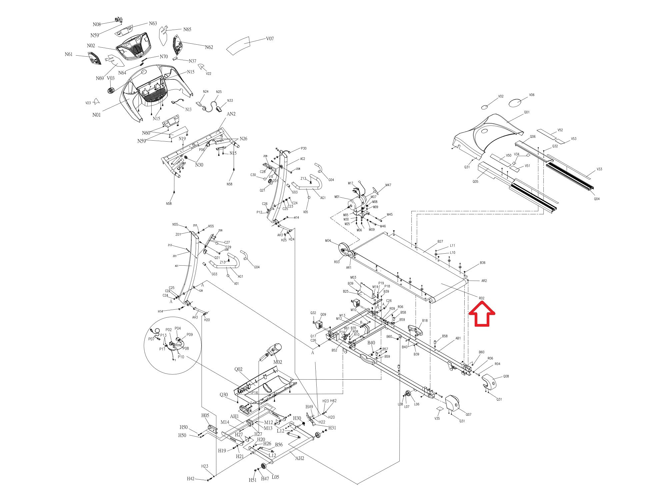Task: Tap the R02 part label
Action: pyautogui.click(x=481, y=298)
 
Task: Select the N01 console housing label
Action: pyautogui.click(x=96, y=115)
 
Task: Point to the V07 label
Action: pyautogui.click(x=270, y=39)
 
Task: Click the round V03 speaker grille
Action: pyautogui.click(x=111, y=90)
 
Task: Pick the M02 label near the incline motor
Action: pyautogui.click(x=278, y=362)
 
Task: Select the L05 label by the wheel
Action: pyautogui.click(x=275, y=477)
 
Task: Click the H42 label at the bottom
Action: pyautogui.click(x=190, y=479)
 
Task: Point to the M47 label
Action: pyautogui.click(x=388, y=185)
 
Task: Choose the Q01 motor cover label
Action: pyautogui.click(x=526, y=112)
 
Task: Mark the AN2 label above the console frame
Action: pyautogui.click(x=231, y=114)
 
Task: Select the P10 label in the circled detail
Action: pyautogui.click(x=181, y=357)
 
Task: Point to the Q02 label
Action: pyautogui.click(x=238, y=369)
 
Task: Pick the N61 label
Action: pyautogui.click(x=69, y=54)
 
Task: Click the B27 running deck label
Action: pyautogui.click(x=440, y=241)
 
